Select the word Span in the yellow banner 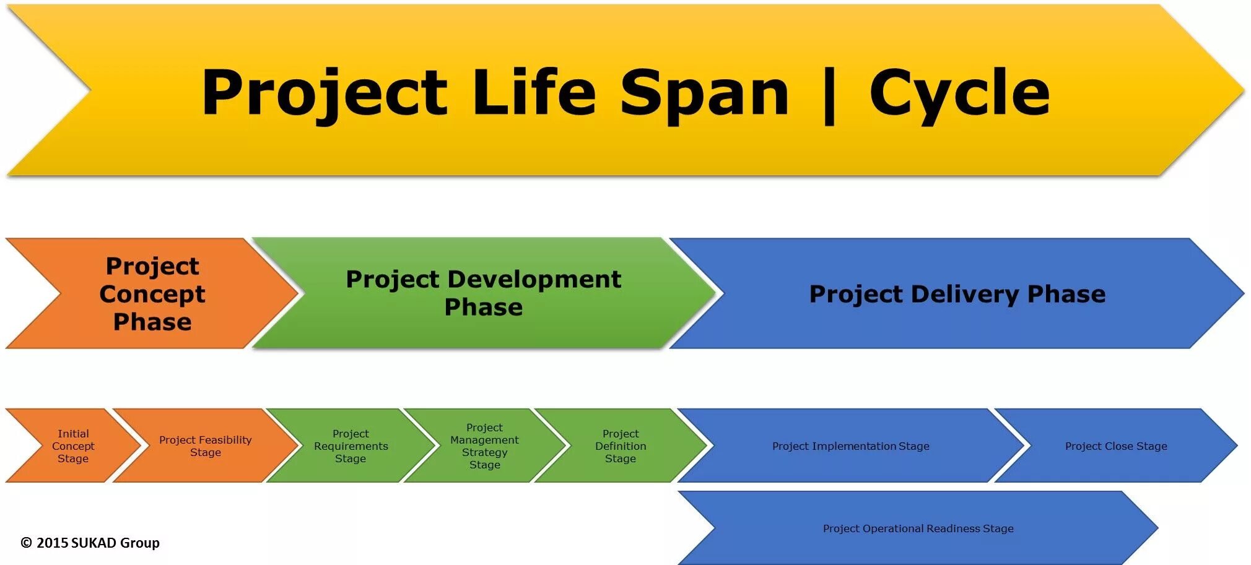click(x=704, y=93)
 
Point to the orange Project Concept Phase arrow click(x=152, y=293)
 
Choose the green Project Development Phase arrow click(x=483, y=293)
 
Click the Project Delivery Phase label click(x=957, y=294)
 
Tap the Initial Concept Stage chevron click(x=73, y=446)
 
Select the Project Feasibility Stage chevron click(x=205, y=446)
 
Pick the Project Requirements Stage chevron click(x=351, y=446)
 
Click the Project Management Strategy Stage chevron click(x=484, y=446)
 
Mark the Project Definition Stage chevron click(x=620, y=446)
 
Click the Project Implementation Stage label click(x=850, y=446)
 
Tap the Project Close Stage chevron click(x=1115, y=446)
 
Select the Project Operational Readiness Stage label click(x=918, y=528)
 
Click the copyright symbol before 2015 click(x=26, y=543)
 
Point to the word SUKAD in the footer click(x=94, y=543)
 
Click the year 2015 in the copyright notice click(x=52, y=543)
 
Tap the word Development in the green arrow click(x=534, y=279)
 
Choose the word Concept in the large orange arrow click(x=152, y=294)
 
